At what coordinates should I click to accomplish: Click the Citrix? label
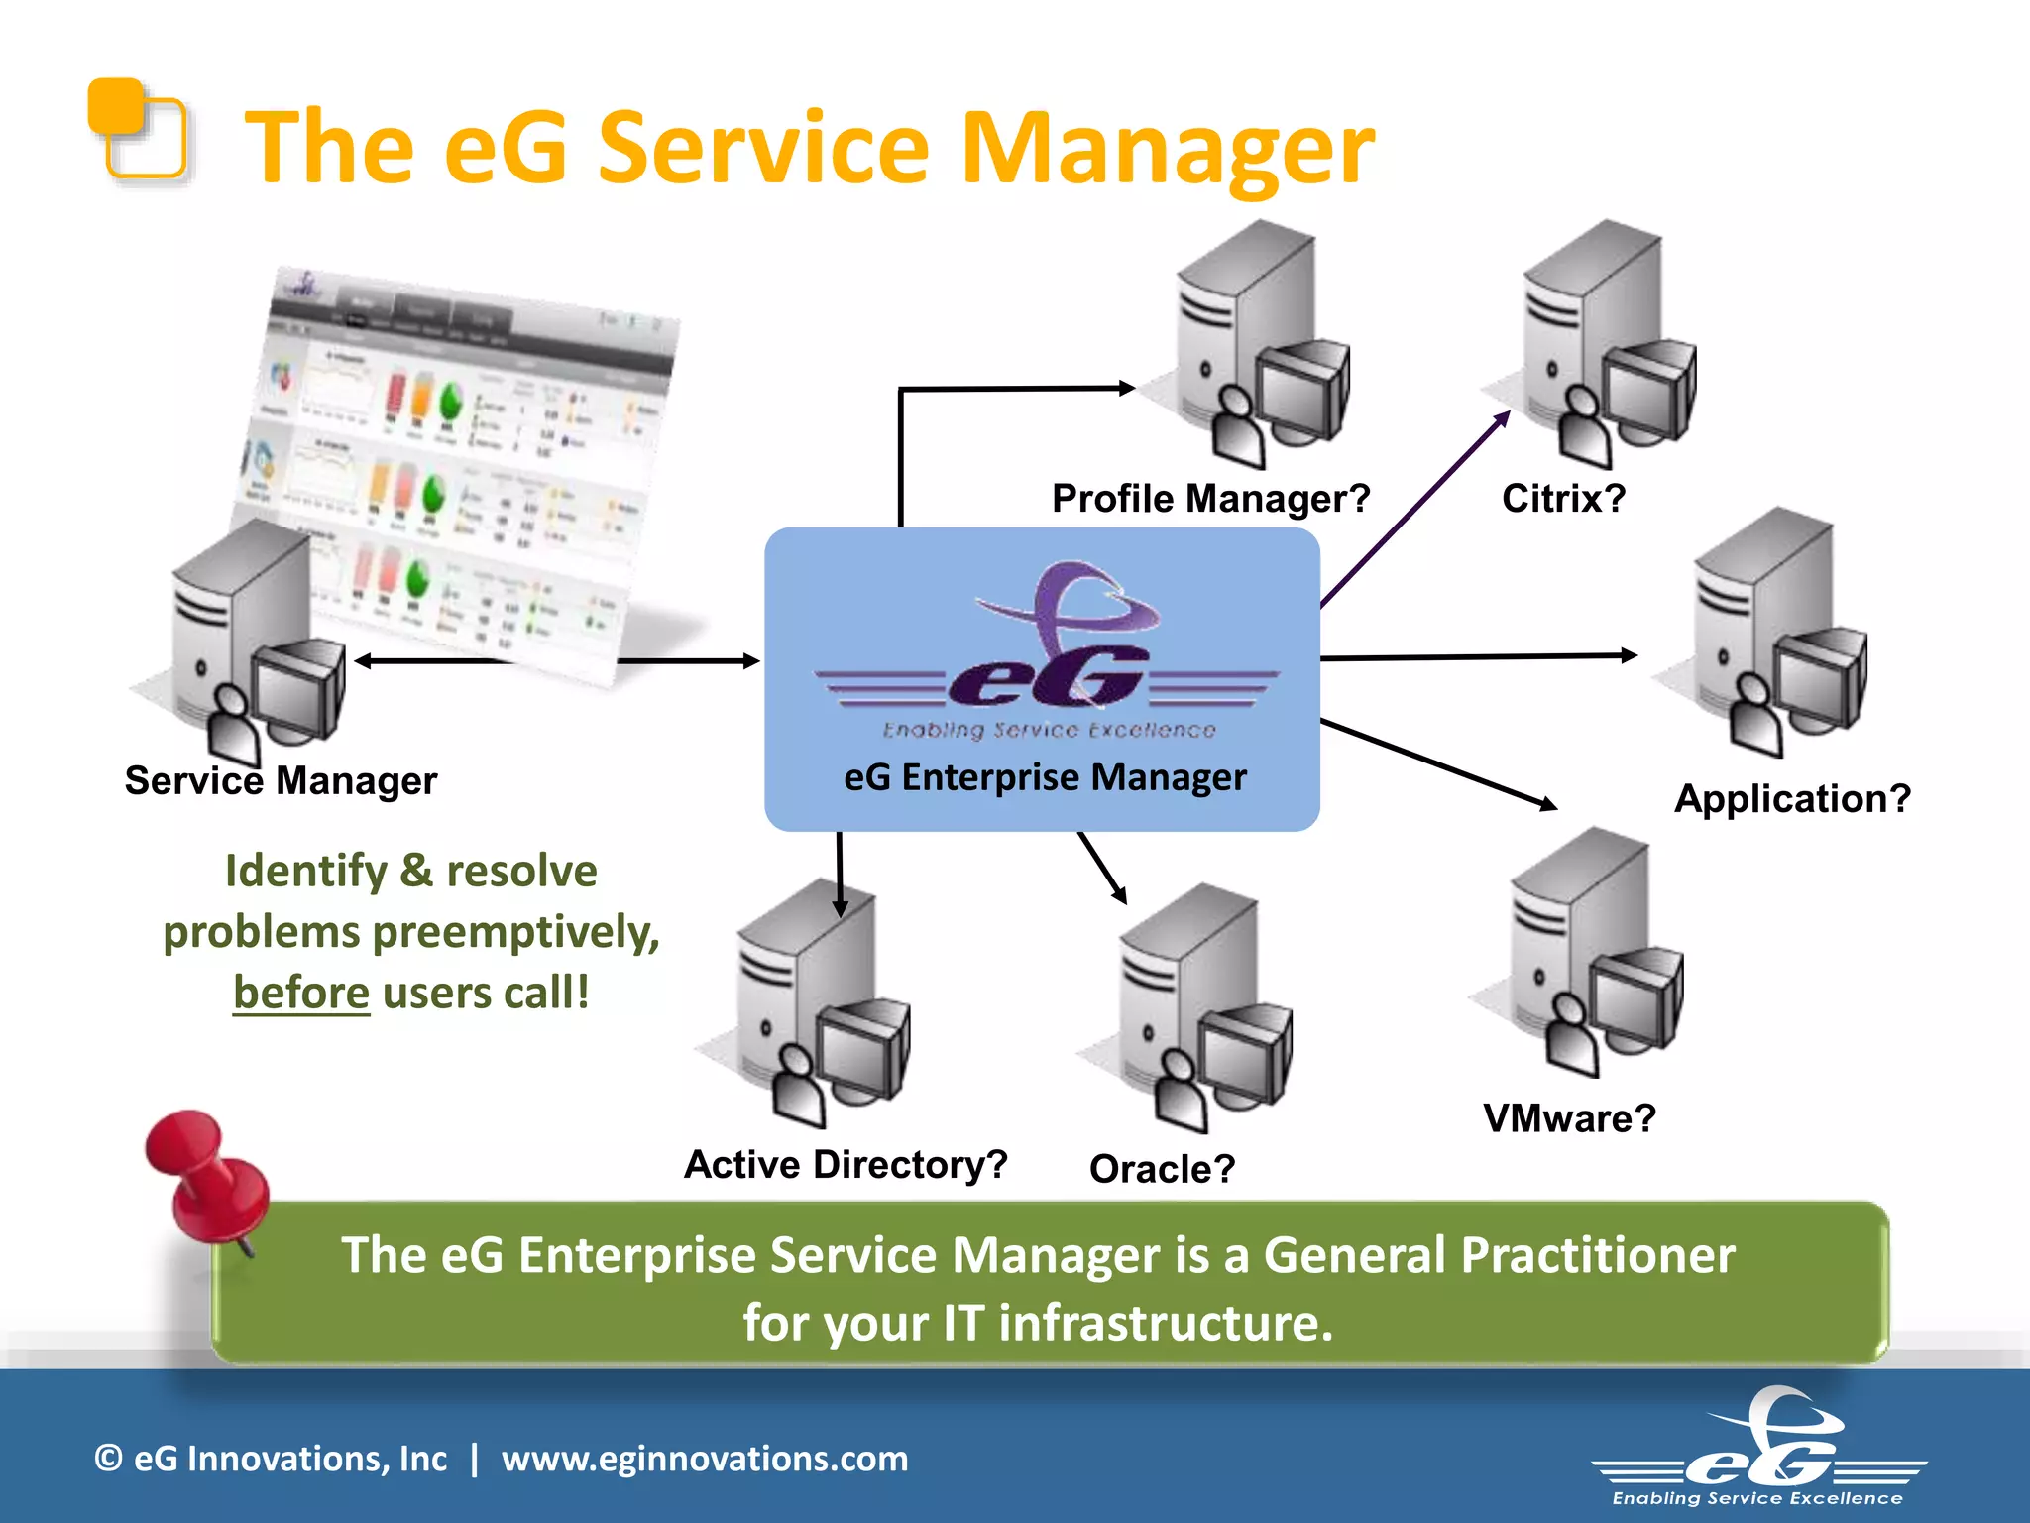(1563, 498)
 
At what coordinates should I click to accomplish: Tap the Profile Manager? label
(1210, 498)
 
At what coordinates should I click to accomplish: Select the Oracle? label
(1162, 1169)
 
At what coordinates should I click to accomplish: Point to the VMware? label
(1569, 1118)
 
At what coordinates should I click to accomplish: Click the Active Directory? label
(846, 1164)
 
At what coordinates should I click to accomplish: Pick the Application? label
(1792, 798)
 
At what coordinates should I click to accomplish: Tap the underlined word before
(301, 993)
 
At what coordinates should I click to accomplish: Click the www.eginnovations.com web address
(705, 1459)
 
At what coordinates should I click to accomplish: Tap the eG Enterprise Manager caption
(1045, 777)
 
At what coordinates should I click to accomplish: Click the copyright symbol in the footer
(108, 1459)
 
